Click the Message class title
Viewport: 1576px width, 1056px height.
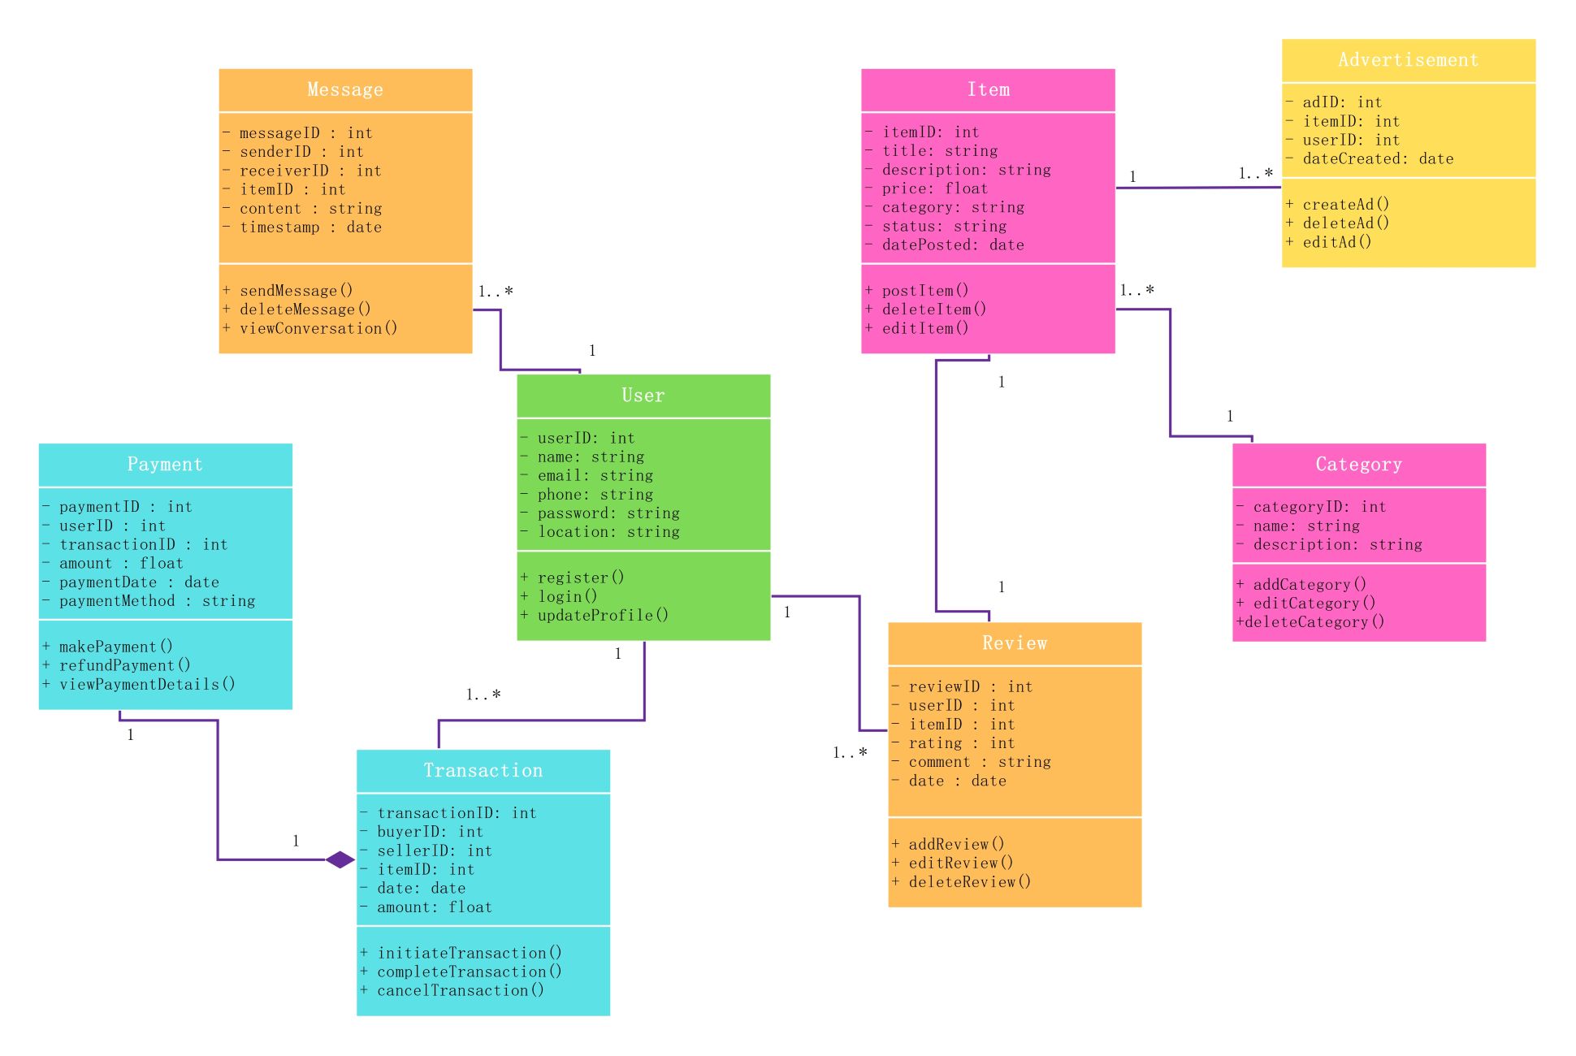click(345, 89)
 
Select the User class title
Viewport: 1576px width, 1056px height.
click(643, 396)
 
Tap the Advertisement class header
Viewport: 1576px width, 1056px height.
click(1408, 59)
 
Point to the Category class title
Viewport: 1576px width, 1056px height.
click(1358, 464)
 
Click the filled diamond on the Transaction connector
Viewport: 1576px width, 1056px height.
click(340, 859)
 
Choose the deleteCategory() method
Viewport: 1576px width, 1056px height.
click(1310, 622)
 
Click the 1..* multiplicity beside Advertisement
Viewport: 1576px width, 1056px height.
click(1256, 173)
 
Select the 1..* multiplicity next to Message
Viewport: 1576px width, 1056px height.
click(496, 291)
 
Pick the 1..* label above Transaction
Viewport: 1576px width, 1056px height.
click(483, 695)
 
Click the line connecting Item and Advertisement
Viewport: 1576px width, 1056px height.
click(1198, 188)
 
